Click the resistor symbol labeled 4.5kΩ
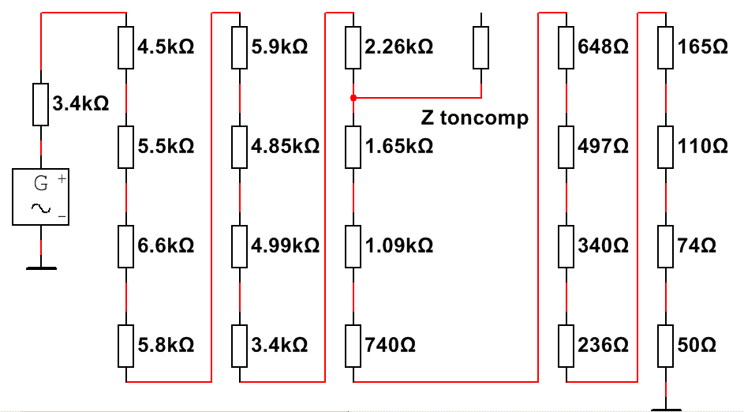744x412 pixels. (x=125, y=47)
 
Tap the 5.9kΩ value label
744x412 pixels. (x=279, y=47)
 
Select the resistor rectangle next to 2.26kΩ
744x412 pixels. (x=353, y=47)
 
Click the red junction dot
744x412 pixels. (x=353, y=98)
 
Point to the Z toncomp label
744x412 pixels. (x=474, y=118)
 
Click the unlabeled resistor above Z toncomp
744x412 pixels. (x=480, y=47)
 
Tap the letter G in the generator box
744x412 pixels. (x=41, y=183)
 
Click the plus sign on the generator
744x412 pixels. (x=62, y=179)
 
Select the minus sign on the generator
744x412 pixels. (x=62, y=216)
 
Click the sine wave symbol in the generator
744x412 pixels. (x=41, y=208)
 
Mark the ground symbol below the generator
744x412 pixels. (x=41, y=268)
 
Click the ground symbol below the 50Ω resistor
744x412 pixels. (x=666, y=409)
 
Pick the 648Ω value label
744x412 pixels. (x=603, y=47)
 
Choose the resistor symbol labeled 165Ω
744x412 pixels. (x=665, y=47)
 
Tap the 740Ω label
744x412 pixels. (x=390, y=345)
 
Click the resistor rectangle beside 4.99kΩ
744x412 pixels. (x=240, y=246)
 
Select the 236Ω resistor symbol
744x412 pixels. (x=566, y=346)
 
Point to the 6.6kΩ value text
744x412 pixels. (x=166, y=245)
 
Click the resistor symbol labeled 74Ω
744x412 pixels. (x=665, y=246)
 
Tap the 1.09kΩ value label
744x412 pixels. (x=398, y=245)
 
